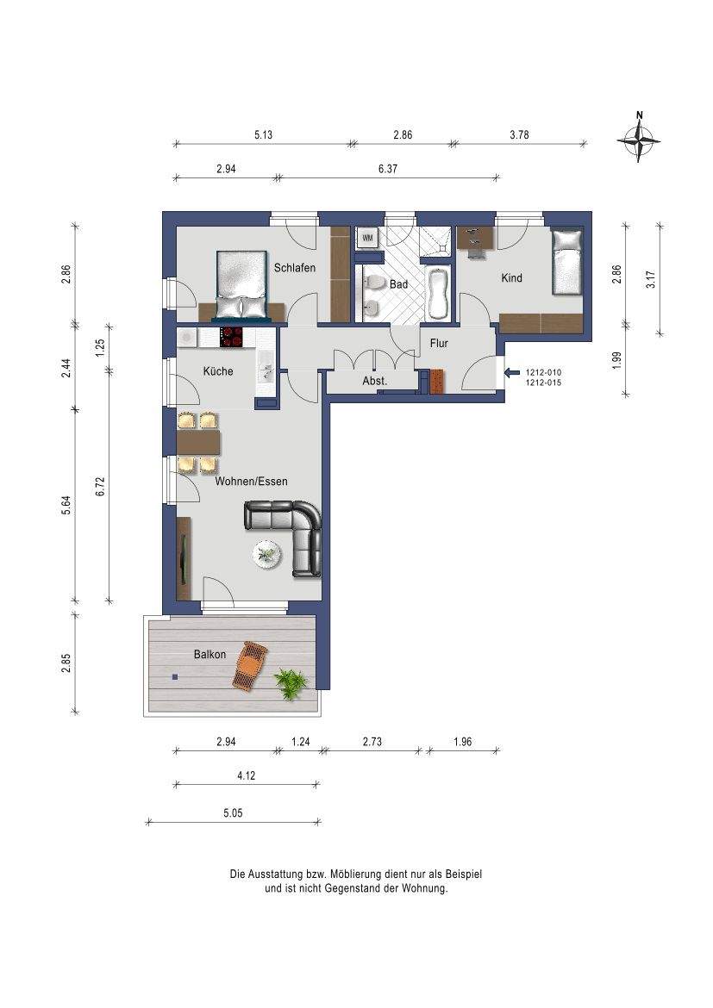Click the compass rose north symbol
tap(638, 138)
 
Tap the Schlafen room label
tap(295, 268)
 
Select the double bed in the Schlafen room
tap(241, 284)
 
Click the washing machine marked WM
tap(368, 238)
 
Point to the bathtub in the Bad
tap(438, 294)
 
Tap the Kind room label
tap(511, 278)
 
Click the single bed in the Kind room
tap(567, 262)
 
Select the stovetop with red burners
tap(233, 337)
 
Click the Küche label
tap(217, 371)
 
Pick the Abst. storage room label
tap(375, 381)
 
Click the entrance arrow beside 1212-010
tap(512, 372)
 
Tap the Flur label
tap(439, 343)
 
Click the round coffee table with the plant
tap(266, 553)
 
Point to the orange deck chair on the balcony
tap(251, 666)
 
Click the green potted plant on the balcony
tap(291, 683)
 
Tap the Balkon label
tap(210, 655)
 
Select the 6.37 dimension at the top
tap(387, 169)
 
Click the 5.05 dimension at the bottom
tap(233, 813)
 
